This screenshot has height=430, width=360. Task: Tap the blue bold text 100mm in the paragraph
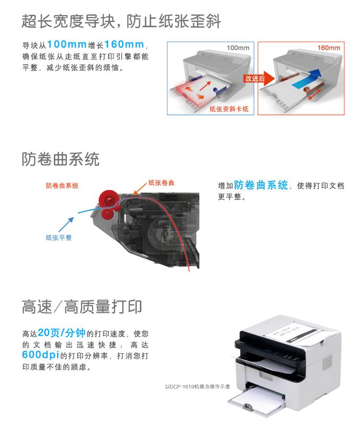point(67,45)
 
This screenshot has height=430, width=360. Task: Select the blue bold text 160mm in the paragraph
point(124,45)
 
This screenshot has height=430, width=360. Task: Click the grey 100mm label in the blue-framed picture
point(238,48)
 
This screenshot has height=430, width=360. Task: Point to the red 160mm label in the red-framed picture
point(328,48)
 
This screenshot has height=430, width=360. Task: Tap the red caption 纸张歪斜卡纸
point(229,109)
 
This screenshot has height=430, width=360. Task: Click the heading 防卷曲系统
point(60,159)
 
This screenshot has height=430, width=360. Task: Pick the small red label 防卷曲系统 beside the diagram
point(62,185)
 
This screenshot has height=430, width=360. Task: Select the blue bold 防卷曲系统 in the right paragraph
point(261,185)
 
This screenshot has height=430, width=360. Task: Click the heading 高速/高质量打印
point(82,306)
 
